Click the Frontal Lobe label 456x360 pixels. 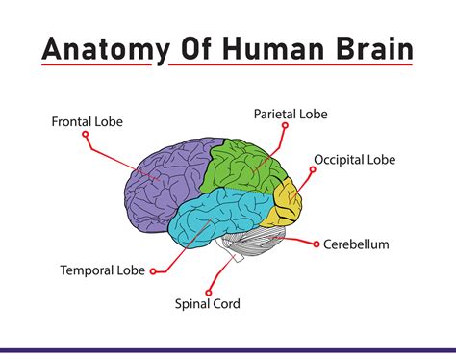[88, 122]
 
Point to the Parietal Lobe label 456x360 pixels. [291, 114]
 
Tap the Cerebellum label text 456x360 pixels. [356, 244]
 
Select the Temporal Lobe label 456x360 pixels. [102, 270]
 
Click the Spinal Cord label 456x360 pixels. [207, 304]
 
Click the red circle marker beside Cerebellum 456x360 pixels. [315, 244]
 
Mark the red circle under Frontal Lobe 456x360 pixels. [86, 136]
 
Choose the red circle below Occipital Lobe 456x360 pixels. [313, 169]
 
